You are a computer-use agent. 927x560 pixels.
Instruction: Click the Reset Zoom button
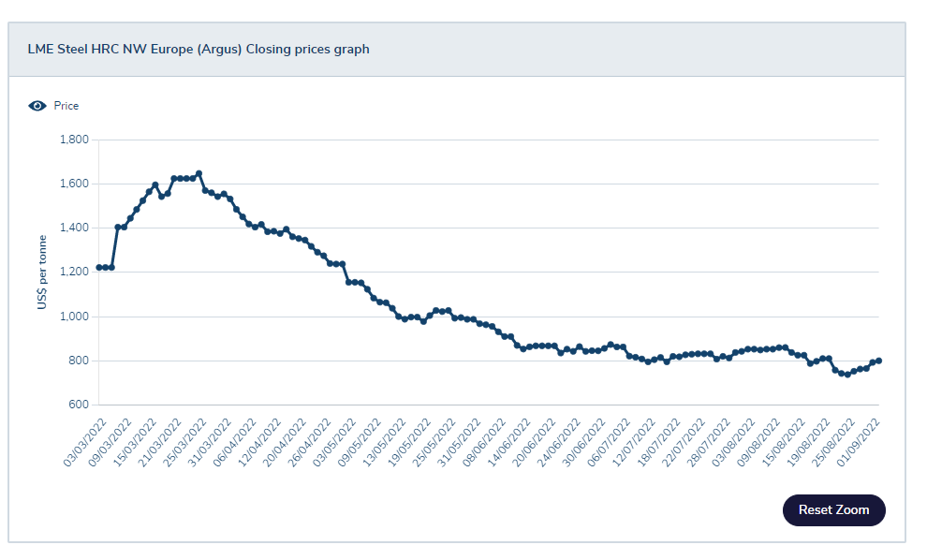pyautogui.click(x=833, y=510)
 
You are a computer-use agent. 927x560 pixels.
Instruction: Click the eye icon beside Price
pyautogui.click(x=37, y=106)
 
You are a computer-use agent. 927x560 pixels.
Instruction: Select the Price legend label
pyautogui.click(x=66, y=106)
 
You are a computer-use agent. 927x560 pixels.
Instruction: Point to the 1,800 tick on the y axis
pyautogui.click(x=73, y=140)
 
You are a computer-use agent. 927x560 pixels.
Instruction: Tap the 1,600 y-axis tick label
pyautogui.click(x=73, y=184)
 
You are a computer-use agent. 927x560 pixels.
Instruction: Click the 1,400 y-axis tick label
pyautogui.click(x=73, y=228)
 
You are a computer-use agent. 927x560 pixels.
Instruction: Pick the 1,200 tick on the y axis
pyautogui.click(x=73, y=272)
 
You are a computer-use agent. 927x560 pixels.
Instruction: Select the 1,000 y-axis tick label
pyautogui.click(x=73, y=317)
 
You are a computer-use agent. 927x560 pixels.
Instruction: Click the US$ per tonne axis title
pyautogui.click(x=42, y=273)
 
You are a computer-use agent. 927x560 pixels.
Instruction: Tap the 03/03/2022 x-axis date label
pyautogui.click(x=82, y=438)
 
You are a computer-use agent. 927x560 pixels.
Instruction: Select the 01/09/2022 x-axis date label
pyautogui.click(x=862, y=438)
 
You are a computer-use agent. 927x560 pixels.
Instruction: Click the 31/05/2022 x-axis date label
pyautogui.click(x=453, y=438)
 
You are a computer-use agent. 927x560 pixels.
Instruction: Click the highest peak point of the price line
pyautogui.click(x=199, y=173)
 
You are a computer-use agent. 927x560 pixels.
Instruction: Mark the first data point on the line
pyautogui.click(x=99, y=268)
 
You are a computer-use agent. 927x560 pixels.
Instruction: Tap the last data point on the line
pyautogui.click(x=878, y=361)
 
